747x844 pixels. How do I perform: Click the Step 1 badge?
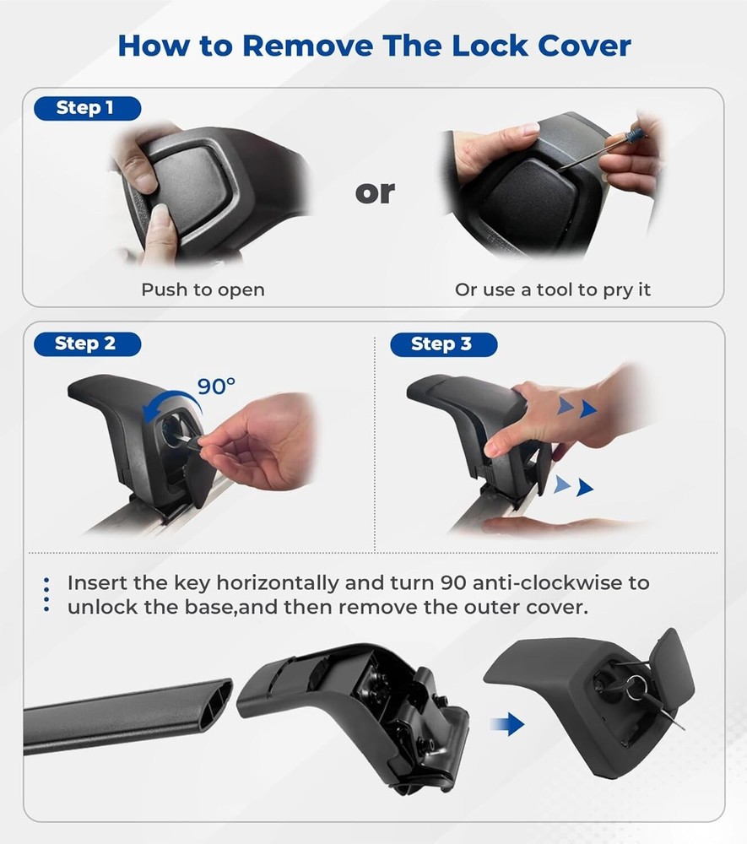(x=87, y=108)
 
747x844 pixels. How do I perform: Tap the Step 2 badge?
(x=87, y=344)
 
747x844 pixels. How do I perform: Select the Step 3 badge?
(x=443, y=344)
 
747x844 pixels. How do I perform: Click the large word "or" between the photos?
(x=375, y=192)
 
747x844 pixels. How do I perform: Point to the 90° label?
(x=216, y=386)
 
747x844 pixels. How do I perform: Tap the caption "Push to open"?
(x=203, y=289)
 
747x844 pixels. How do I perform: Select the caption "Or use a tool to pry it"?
(x=553, y=289)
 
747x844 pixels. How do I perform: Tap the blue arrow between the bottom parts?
(x=507, y=724)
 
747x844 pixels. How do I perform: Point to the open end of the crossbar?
(x=217, y=704)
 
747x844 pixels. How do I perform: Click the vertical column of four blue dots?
(x=46, y=595)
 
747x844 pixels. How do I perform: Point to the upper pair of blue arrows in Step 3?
(x=577, y=408)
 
